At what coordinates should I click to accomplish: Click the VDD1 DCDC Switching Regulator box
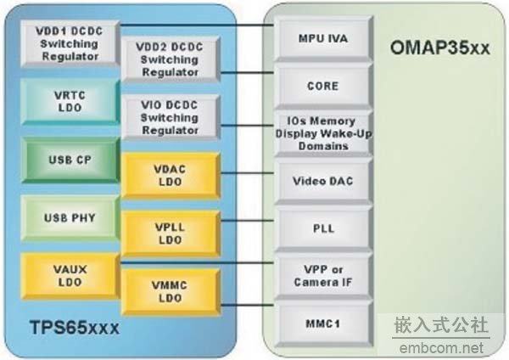tap(67, 42)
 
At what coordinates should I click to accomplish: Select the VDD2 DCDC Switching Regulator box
tap(170, 60)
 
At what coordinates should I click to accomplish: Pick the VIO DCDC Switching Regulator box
tap(170, 119)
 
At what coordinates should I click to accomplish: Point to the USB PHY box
tap(68, 217)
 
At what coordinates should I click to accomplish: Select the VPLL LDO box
tap(171, 231)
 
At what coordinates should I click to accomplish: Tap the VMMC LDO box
tap(171, 290)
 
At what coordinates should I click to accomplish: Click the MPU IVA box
tap(322, 38)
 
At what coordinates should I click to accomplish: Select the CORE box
tap(322, 85)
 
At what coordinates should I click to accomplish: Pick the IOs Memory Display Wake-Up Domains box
tap(322, 133)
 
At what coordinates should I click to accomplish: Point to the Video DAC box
tap(322, 181)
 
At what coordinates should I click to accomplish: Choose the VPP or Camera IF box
tap(322, 275)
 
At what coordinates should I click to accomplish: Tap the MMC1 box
tap(322, 323)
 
